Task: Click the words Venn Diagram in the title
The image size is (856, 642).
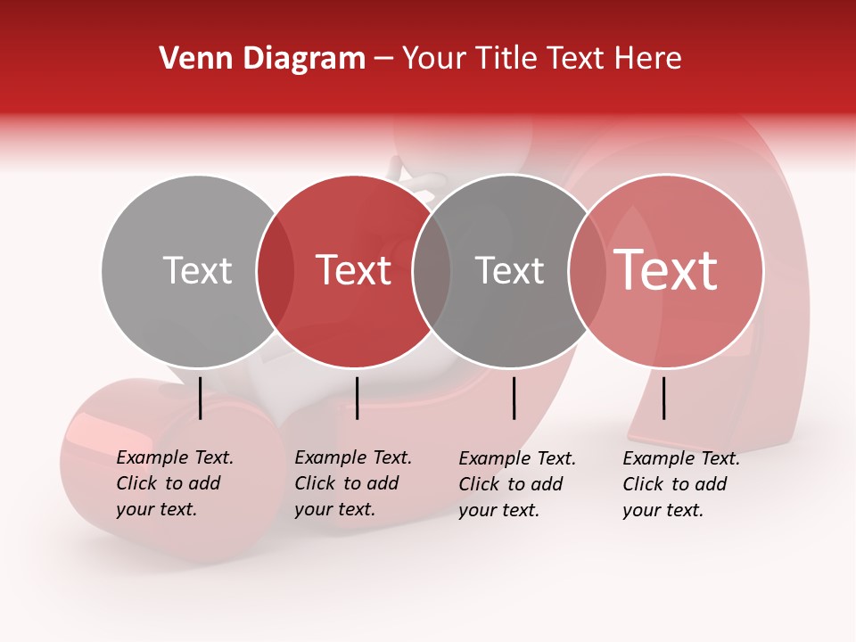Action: pyautogui.click(x=262, y=59)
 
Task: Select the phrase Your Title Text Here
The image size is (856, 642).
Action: pyautogui.click(x=541, y=59)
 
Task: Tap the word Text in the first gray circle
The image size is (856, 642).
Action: pyautogui.click(x=197, y=270)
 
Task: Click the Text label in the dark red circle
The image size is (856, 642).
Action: pyautogui.click(x=354, y=270)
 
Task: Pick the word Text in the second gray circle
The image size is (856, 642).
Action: pyautogui.click(x=509, y=270)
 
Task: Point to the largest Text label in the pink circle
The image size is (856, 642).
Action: pyautogui.click(x=666, y=270)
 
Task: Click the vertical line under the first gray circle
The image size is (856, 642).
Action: pyautogui.click(x=200, y=398)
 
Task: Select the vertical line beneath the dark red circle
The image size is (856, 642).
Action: pyautogui.click(x=357, y=398)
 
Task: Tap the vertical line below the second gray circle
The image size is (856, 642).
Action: pyautogui.click(x=514, y=398)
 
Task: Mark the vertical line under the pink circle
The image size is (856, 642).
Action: pyautogui.click(x=663, y=398)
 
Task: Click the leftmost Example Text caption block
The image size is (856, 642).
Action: pyautogui.click(x=175, y=483)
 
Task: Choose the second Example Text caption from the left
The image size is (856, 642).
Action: pyautogui.click(x=353, y=483)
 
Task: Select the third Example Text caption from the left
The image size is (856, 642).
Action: pyautogui.click(x=517, y=484)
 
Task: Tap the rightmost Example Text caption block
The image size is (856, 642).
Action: pyautogui.click(x=681, y=484)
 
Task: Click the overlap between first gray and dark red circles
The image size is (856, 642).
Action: pyautogui.click(x=276, y=271)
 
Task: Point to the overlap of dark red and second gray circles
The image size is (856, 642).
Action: pyautogui.click(x=432, y=271)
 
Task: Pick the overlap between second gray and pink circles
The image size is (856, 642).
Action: pyautogui.click(x=588, y=271)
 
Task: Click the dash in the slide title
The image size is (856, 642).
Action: pyautogui.click(x=383, y=59)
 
